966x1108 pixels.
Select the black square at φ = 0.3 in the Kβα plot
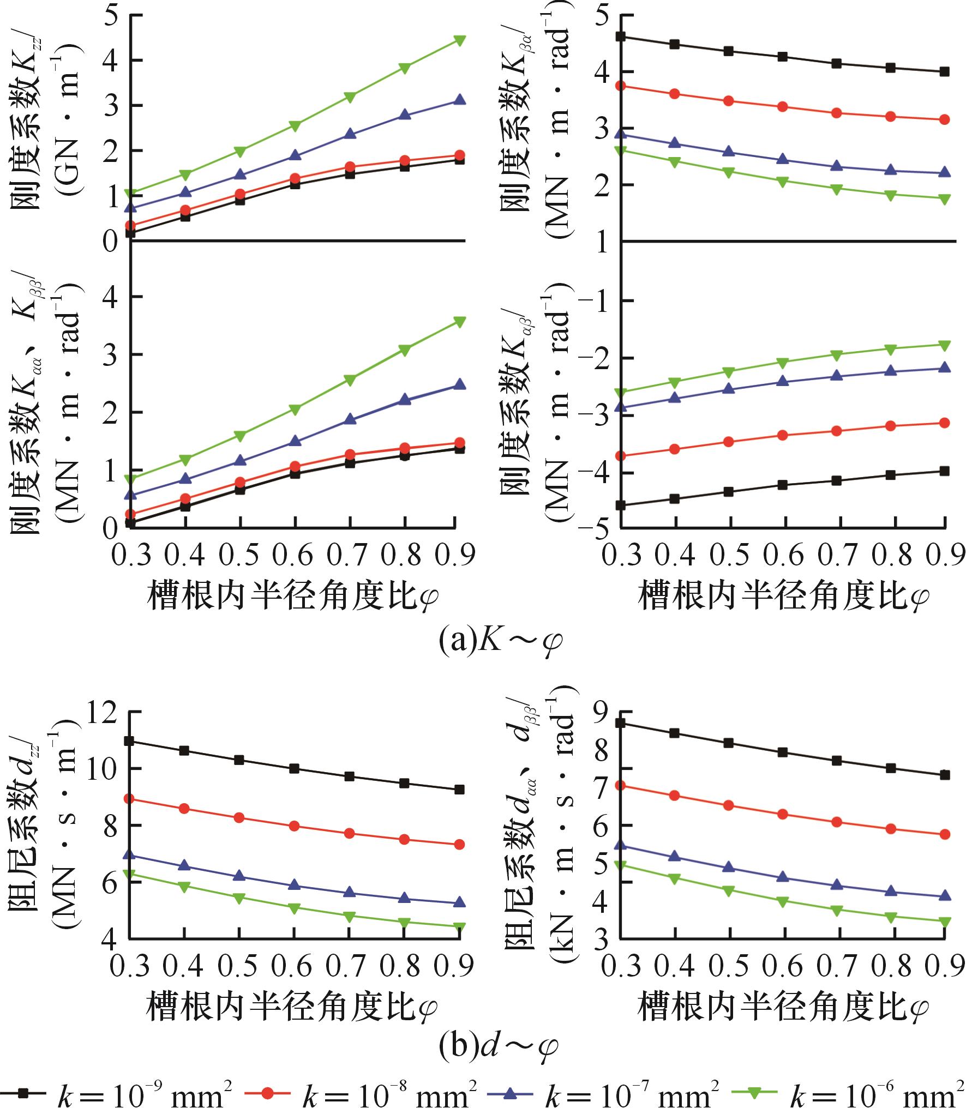pyautogui.click(x=620, y=37)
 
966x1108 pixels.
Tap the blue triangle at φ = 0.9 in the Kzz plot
pyautogui.click(x=459, y=100)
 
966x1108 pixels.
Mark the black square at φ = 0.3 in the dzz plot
pyautogui.click(x=129, y=740)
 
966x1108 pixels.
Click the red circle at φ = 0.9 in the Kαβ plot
pyautogui.click(x=945, y=423)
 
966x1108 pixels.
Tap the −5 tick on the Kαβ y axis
pyautogui.click(x=596, y=528)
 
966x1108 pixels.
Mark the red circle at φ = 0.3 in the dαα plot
pyautogui.click(x=620, y=785)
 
